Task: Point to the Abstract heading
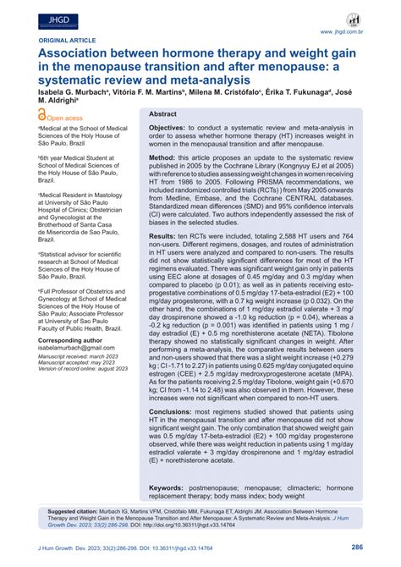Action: pos(163,113)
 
